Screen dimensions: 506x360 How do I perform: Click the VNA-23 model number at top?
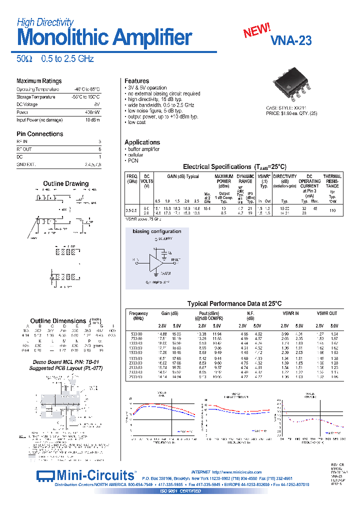coord(291,41)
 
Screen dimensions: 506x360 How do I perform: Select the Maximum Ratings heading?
coord(39,81)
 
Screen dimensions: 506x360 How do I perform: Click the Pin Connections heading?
coord(39,134)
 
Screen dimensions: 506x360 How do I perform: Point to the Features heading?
coord(136,81)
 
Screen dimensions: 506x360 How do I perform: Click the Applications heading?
coord(142,142)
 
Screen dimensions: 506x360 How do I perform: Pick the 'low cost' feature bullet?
coord(136,122)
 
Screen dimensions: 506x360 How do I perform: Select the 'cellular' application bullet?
coord(135,155)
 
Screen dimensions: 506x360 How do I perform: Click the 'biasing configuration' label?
coord(156,231)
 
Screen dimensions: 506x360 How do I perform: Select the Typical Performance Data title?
coord(234,303)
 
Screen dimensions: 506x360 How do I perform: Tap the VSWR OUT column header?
coord(327,313)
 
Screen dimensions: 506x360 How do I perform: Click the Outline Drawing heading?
coord(65,184)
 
